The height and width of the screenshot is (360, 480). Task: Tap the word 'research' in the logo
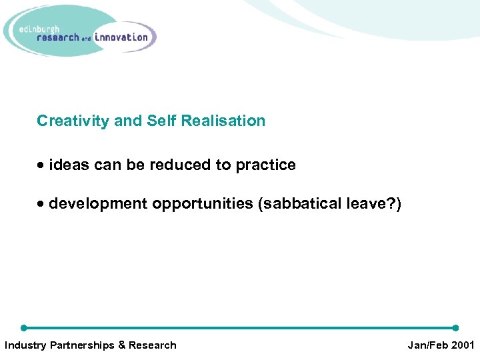(x=58, y=38)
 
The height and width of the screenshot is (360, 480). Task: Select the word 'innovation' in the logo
(x=121, y=37)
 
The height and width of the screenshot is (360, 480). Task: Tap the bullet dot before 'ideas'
(x=41, y=165)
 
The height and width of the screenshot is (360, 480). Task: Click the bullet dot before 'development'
(x=41, y=204)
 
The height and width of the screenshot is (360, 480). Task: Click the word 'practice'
(x=265, y=165)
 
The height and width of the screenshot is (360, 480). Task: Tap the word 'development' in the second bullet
(x=98, y=204)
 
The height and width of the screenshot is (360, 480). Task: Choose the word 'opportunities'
(x=202, y=204)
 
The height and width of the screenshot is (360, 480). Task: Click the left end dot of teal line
(x=24, y=328)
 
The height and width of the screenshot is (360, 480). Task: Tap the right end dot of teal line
(x=455, y=328)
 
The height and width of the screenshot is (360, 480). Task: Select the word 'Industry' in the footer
(x=25, y=345)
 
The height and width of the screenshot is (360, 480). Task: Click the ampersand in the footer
(x=121, y=345)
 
